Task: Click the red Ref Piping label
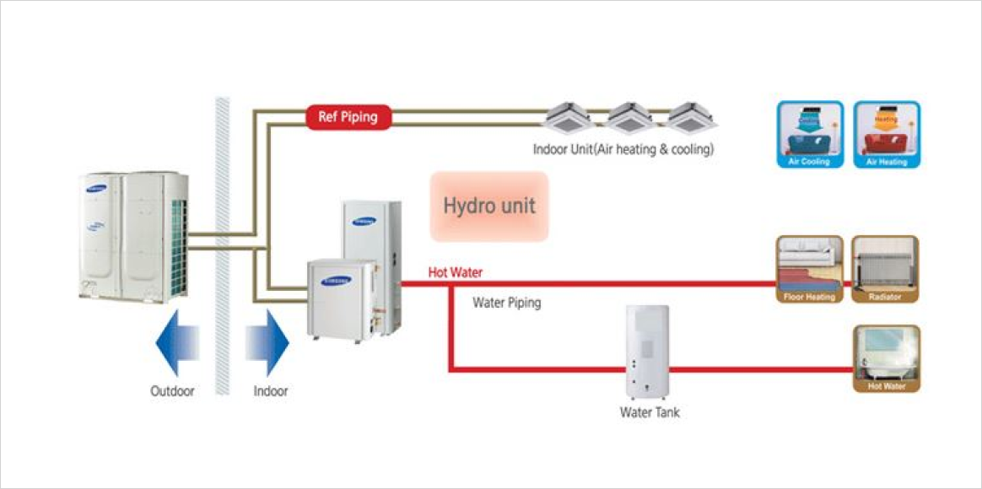point(348,117)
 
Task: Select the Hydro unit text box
point(489,206)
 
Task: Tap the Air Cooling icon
point(809,134)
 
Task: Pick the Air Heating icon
point(887,134)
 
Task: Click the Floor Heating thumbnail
point(809,269)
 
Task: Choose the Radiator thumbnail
point(885,269)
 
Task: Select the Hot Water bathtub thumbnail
point(885,358)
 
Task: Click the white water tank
point(647,352)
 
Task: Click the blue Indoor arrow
point(267,341)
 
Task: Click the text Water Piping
point(506,302)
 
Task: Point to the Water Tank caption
point(650,412)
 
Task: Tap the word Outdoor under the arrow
point(172,391)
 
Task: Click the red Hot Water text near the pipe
point(456,272)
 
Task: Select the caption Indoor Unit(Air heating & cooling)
point(623,150)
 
